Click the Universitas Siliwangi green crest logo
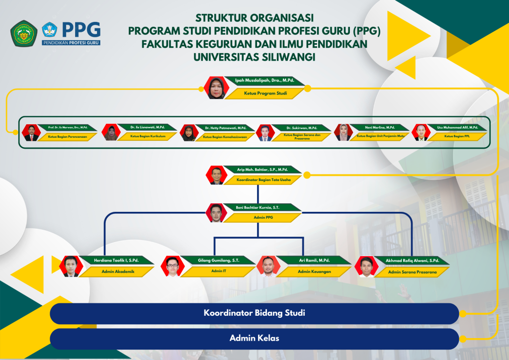tap(24, 33)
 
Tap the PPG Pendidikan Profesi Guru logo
tap(71, 33)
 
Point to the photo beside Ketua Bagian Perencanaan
tap(31, 133)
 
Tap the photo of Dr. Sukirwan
tap(265, 133)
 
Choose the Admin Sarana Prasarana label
tap(412, 272)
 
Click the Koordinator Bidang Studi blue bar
tap(254, 313)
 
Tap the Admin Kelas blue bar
tap(254, 338)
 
